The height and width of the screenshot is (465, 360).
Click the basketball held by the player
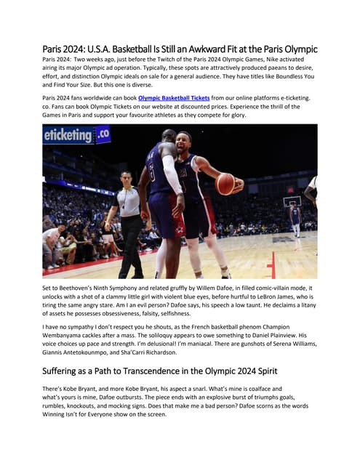click(x=225, y=183)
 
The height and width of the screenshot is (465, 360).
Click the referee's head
click(x=126, y=177)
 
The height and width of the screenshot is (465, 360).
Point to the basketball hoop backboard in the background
click(x=292, y=201)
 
